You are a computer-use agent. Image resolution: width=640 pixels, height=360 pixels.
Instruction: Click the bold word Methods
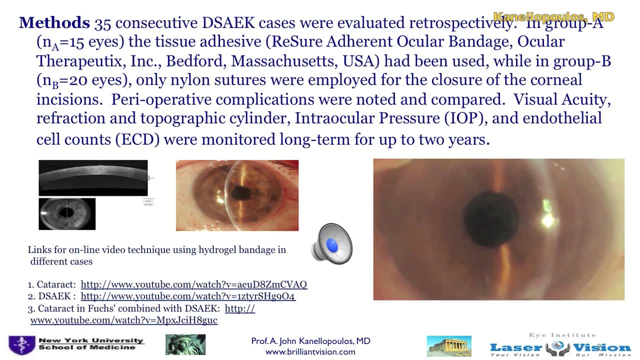54,23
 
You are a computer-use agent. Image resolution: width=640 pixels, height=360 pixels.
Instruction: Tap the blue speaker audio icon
332,244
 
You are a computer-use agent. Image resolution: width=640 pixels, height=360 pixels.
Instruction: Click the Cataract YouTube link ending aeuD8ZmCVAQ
193,284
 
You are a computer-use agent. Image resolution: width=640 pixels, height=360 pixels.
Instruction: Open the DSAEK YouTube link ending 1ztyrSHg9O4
188,296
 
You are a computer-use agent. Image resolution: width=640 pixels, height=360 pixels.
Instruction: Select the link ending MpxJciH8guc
123,320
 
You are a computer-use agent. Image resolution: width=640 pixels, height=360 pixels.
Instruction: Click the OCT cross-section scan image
93,177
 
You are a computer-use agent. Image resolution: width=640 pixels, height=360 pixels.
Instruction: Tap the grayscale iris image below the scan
67,214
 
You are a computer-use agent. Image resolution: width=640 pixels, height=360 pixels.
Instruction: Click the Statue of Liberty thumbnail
185,345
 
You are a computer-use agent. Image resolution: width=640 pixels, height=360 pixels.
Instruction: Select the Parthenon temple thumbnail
448,346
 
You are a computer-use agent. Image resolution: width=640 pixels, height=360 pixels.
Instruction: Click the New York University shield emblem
21,345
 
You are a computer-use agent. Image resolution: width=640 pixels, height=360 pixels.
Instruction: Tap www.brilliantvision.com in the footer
310,351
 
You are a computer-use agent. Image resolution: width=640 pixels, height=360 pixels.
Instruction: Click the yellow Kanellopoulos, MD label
553,17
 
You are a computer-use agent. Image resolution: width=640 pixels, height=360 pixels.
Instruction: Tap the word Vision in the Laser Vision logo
606,347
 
